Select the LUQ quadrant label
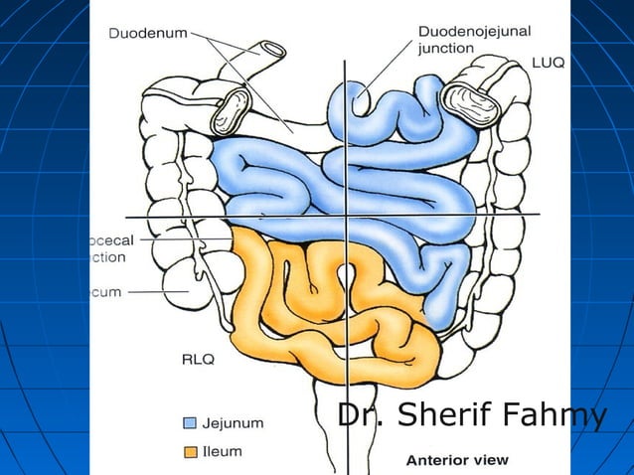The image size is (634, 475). [548, 63]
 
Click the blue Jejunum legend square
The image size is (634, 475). [190, 422]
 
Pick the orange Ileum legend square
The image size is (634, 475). [190, 452]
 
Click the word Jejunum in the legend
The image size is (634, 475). [233, 422]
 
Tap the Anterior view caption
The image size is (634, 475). [457, 459]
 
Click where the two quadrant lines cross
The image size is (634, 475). [345, 216]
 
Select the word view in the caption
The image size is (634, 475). [490, 459]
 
